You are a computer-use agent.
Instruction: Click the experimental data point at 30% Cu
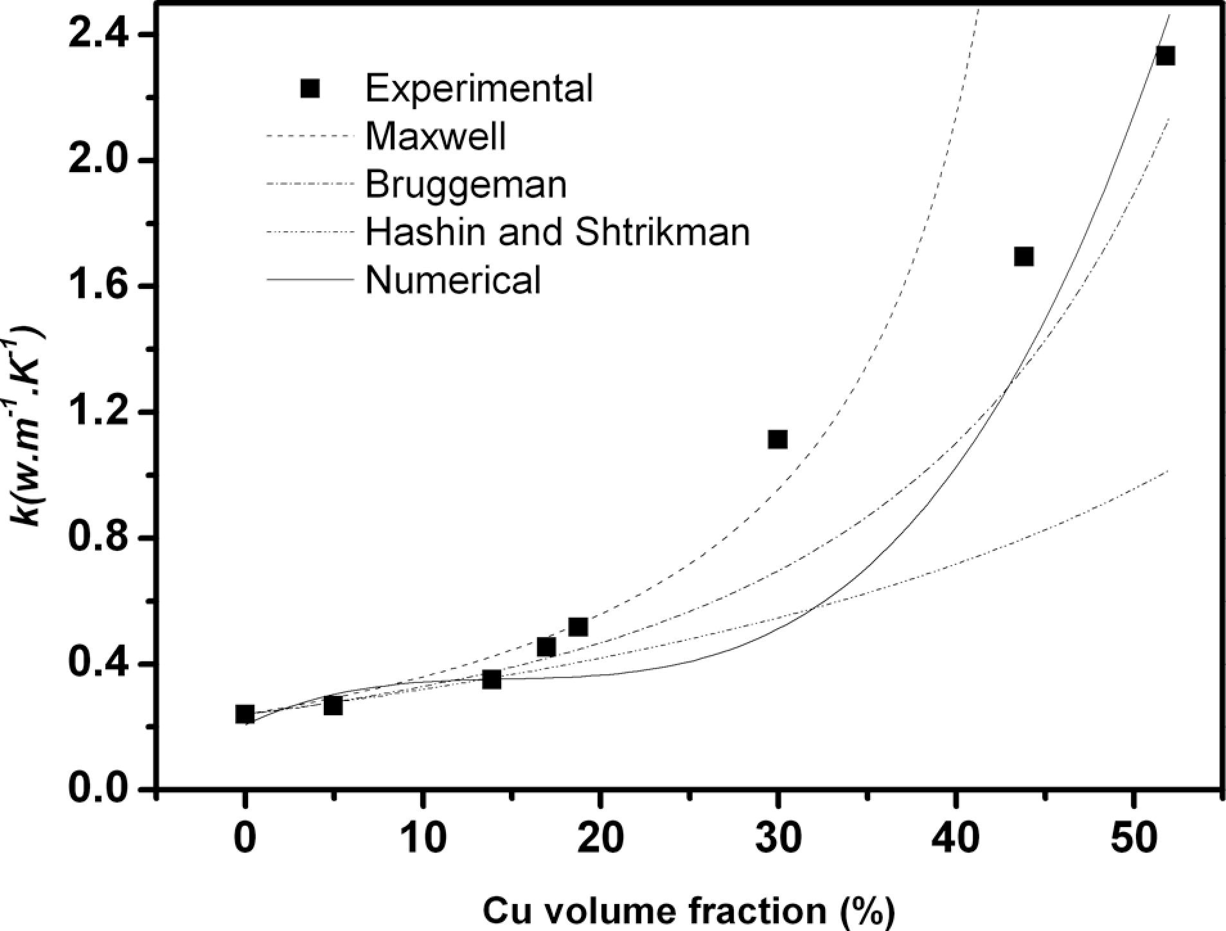tap(777, 440)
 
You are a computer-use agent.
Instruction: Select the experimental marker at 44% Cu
tap(1024, 257)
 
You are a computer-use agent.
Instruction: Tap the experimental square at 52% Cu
tap(1165, 56)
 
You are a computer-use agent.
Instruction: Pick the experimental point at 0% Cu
tap(245, 714)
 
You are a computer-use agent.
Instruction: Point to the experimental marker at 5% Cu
tap(333, 706)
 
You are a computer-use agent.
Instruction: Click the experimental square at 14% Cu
tap(492, 679)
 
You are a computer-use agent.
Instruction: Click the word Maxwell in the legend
tap(436, 135)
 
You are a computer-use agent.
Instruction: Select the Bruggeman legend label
tap(466, 184)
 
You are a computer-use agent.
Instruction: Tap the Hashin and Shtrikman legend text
tap(557, 232)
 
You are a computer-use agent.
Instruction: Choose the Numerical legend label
tap(453, 280)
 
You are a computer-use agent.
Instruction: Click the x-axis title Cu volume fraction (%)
tap(688, 910)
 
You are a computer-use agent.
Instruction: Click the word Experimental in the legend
tap(479, 88)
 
